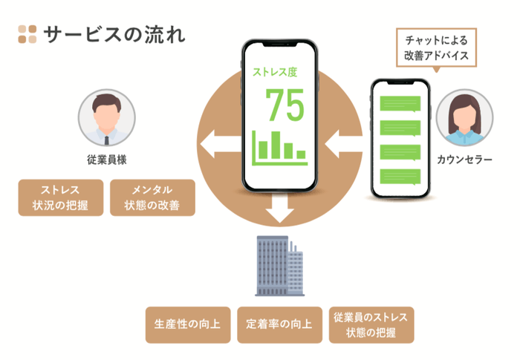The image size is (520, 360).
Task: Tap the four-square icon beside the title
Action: pos(27,34)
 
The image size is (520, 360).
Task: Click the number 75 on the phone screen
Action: pos(285,106)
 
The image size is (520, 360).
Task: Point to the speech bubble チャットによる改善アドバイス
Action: pos(436,49)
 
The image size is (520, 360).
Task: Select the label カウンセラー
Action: pos(464,160)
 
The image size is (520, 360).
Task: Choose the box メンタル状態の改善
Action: pos(152,197)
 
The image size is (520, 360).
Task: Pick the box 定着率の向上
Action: pos(279,325)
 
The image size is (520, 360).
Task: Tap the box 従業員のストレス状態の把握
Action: pos(371,325)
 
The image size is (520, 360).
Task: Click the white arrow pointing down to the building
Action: pos(280,209)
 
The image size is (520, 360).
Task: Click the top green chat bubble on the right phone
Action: pos(400,105)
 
